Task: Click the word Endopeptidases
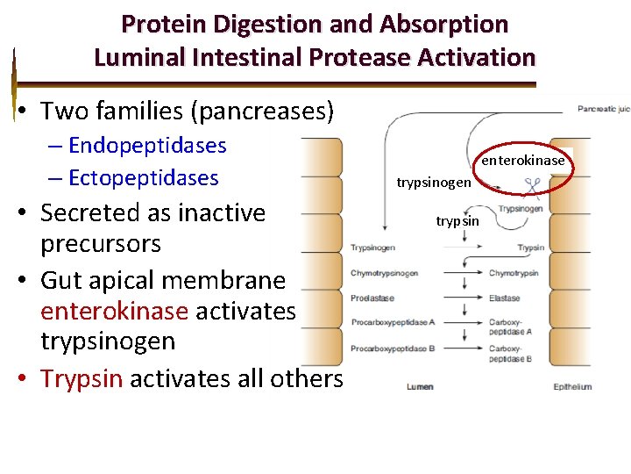pos(147,146)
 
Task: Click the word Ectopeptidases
pos(143,178)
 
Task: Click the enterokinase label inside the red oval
pos(523,161)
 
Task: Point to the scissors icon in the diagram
pos(531,187)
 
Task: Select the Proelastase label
pos(372,298)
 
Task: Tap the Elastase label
pos(504,298)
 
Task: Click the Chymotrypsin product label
pos(513,273)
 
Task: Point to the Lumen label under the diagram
pos(419,387)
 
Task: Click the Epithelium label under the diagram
pos(572,387)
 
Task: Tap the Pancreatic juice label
pos(603,110)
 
